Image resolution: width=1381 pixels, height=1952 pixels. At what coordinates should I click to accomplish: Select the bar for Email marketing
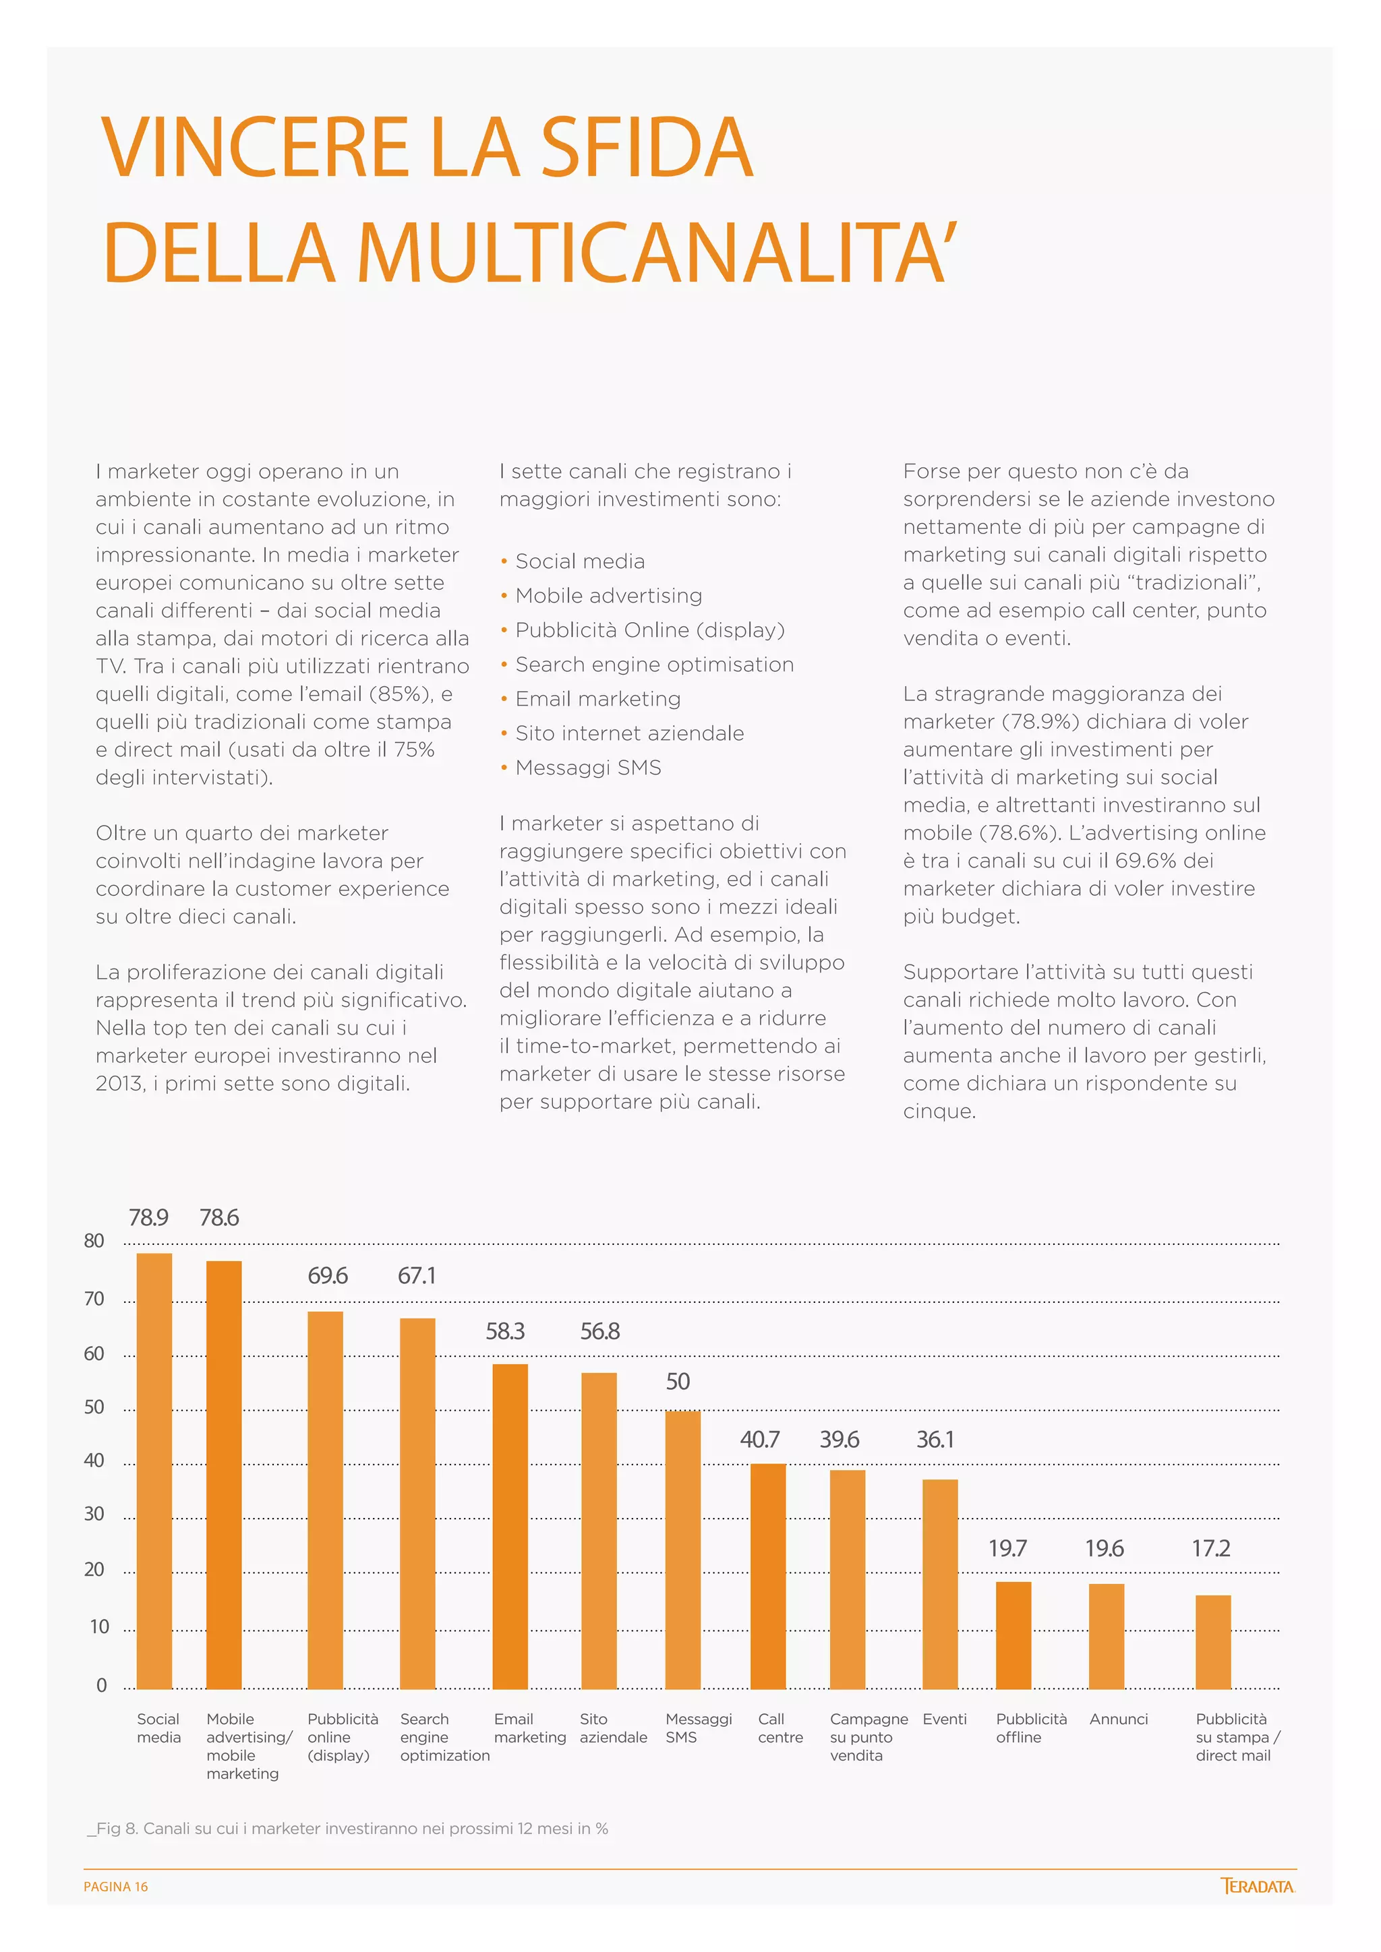click(x=510, y=1526)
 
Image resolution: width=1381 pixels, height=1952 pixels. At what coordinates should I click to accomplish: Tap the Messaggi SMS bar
click(x=683, y=1549)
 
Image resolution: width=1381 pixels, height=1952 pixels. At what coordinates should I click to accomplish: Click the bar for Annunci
click(x=1107, y=1636)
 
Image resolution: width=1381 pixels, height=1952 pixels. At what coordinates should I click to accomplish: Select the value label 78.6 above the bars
click(x=219, y=1217)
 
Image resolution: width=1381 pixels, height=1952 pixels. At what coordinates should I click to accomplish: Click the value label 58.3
click(x=505, y=1331)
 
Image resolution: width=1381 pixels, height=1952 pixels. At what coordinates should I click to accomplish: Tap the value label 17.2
click(x=1211, y=1548)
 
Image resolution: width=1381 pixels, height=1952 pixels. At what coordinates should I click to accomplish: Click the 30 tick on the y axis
click(x=94, y=1513)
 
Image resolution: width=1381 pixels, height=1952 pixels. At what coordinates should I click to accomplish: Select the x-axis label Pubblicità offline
click(x=1030, y=1728)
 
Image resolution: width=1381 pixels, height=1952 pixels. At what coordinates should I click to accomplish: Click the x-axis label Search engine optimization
click(x=444, y=1737)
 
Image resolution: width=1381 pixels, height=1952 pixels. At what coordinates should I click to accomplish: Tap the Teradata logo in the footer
click(x=1257, y=1886)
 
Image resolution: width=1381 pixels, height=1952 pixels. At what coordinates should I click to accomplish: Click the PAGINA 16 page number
click(x=116, y=1887)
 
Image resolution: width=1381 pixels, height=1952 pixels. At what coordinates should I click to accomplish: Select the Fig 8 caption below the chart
click(x=348, y=1828)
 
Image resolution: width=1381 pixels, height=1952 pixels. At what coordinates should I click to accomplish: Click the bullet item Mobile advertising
click(x=609, y=595)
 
